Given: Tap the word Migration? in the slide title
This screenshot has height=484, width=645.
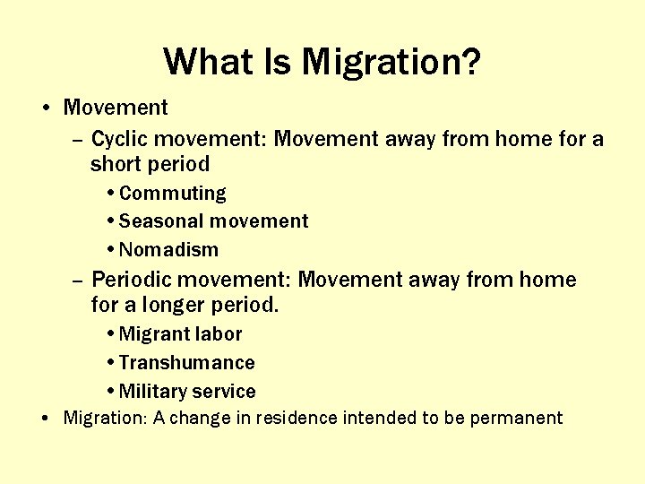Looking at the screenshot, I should point(391,63).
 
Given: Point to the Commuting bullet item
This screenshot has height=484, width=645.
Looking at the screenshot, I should point(172,194).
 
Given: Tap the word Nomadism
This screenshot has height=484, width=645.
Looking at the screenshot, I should point(168,250).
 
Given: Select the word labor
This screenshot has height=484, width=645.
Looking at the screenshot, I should point(218,334).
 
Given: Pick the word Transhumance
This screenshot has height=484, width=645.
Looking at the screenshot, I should point(186,363).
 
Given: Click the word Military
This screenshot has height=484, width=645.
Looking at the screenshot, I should point(152,392).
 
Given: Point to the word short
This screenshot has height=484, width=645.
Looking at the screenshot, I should point(114,164).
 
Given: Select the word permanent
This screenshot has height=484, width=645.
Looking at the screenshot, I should point(521,418).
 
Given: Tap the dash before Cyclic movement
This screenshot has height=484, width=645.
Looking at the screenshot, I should point(77,141).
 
